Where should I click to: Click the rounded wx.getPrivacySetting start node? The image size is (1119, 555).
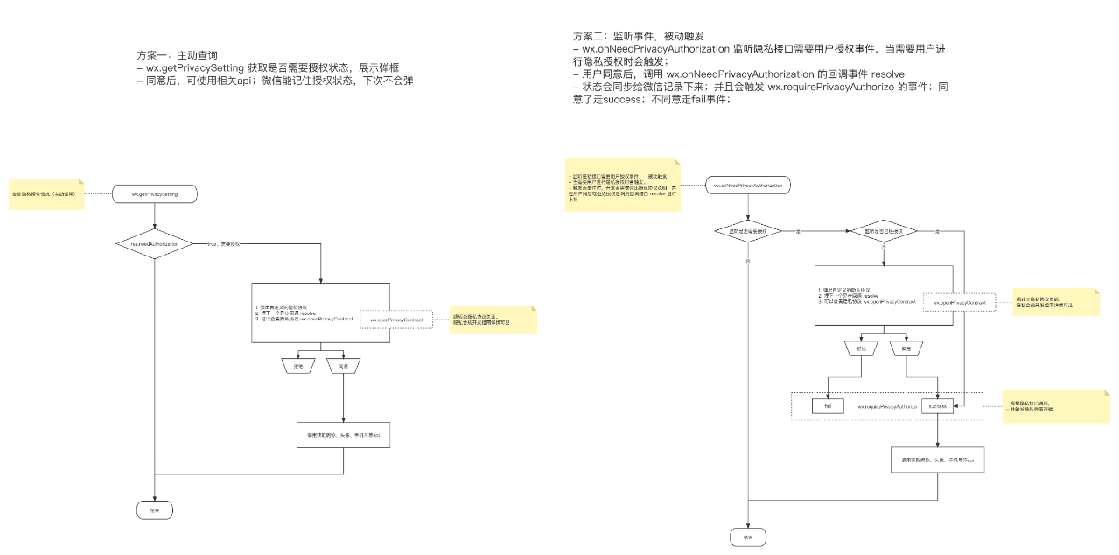(x=155, y=194)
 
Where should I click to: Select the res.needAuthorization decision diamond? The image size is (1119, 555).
(x=155, y=243)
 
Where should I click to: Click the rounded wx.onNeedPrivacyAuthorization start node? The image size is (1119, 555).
(x=749, y=186)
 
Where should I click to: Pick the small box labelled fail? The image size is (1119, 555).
(x=828, y=406)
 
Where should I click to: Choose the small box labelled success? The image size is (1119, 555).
(x=937, y=406)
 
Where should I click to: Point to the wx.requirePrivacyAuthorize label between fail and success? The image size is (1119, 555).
(x=886, y=407)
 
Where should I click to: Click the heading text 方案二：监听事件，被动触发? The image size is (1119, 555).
(x=638, y=37)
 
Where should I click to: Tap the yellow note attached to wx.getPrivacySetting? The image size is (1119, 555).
(x=46, y=194)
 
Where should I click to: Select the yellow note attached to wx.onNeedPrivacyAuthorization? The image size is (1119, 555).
(x=623, y=185)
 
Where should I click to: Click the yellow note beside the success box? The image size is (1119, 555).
(x=1044, y=407)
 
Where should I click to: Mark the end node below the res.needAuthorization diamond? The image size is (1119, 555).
(x=155, y=509)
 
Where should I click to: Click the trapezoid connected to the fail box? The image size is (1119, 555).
(x=860, y=348)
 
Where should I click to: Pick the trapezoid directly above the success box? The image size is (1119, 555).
(x=906, y=348)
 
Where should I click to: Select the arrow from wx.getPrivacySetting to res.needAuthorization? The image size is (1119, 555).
(x=155, y=217)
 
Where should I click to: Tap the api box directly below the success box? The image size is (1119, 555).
(x=937, y=459)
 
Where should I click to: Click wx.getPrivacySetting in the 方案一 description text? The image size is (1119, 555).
(x=195, y=67)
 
